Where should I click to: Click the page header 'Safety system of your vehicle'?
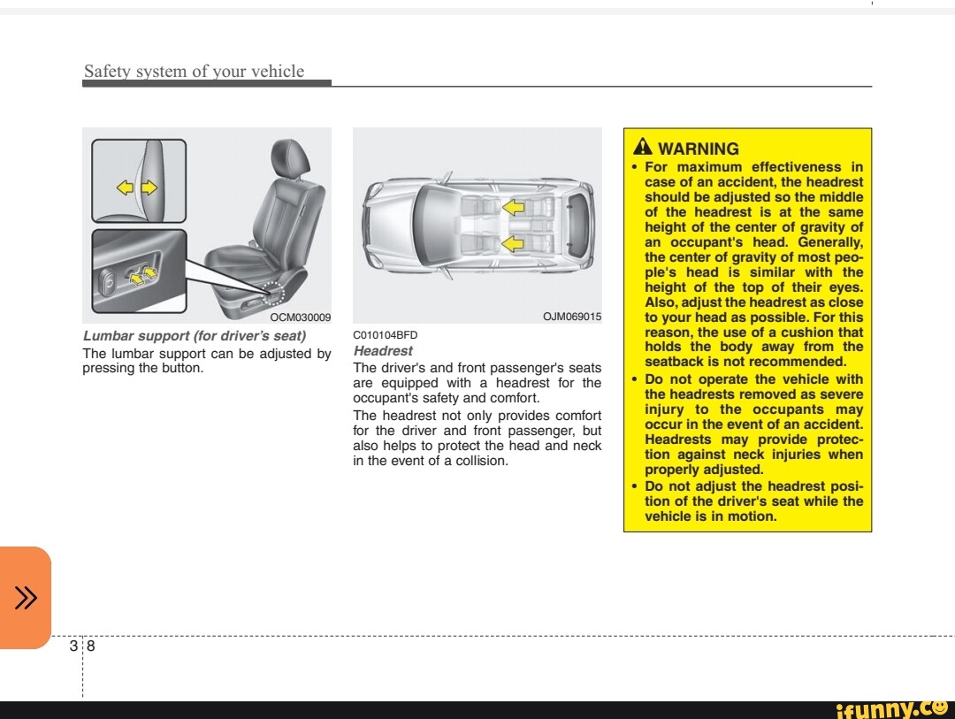(194, 72)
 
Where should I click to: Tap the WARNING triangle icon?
(643, 148)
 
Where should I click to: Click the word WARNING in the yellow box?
(699, 149)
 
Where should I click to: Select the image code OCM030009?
(301, 317)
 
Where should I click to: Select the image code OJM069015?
(571, 317)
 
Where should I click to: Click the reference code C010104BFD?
(385, 335)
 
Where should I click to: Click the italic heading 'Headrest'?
(382, 351)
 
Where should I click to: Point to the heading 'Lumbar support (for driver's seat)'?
(194, 336)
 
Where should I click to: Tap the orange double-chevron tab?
(26, 599)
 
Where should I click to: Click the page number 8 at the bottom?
(90, 646)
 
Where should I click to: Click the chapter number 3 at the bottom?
(73, 646)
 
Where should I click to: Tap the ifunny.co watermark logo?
(891, 708)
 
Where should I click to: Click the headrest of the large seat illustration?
(292, 158)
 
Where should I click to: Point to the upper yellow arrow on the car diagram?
(513, 207)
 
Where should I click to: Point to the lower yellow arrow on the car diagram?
(513, 243)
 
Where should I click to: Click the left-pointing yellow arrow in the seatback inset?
(126, 187)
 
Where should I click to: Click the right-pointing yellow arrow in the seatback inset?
(149, 187)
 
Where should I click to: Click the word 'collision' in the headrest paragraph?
(482, 461)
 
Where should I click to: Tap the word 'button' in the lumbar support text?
(181, 369)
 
